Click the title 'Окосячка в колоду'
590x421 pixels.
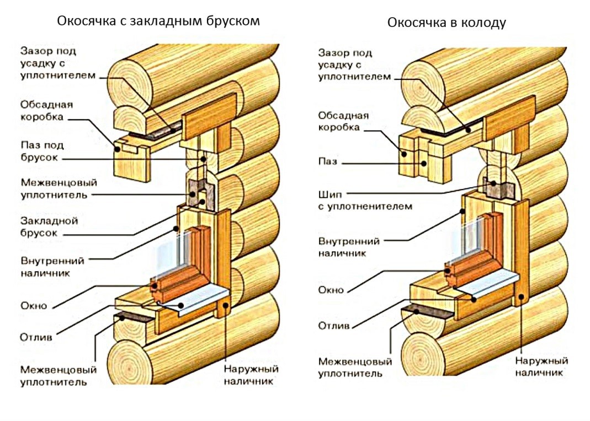(446, 23)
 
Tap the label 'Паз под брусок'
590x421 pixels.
(42, 152)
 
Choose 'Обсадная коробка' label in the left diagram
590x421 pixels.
(46, 110)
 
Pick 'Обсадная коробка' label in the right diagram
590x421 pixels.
(343, 121)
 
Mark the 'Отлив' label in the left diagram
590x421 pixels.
(36, 336)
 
